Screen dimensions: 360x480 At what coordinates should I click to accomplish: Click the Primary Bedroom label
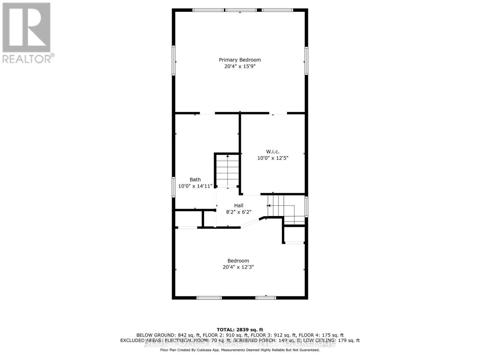[x=240, y=60]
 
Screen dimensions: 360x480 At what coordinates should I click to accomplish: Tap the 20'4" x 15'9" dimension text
[x=240, y=66]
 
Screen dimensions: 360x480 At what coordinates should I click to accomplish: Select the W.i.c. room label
[x=273, y=151]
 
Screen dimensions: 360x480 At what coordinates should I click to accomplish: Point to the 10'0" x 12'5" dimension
[x=273, y=158]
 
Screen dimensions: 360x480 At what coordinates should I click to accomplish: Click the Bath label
[x=195, y=179]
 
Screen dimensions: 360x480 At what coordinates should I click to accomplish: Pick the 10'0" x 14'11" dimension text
[x=195, y=186]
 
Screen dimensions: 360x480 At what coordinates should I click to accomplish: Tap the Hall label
[x=239, y=205]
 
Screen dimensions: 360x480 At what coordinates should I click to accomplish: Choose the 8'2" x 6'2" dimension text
[x=239, y=212]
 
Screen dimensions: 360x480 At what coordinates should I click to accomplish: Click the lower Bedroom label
[x=238, y=261]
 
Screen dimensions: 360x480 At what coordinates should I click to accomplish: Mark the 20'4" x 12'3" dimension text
[x=238, y=267]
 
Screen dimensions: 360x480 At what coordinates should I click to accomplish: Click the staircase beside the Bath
[x=228, y=170]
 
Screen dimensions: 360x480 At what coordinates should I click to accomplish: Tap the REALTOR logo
[x=27, y=33]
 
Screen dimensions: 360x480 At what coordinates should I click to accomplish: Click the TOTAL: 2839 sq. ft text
[x=240, y=330]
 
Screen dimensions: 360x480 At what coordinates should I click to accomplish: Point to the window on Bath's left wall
[x=173, y=187]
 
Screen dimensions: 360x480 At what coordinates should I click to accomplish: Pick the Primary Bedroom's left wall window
[x=173, y=60]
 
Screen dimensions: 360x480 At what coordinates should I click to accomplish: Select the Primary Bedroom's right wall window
[x=306, y=61]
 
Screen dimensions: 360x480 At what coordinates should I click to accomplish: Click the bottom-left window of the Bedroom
[x=209, y=298]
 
